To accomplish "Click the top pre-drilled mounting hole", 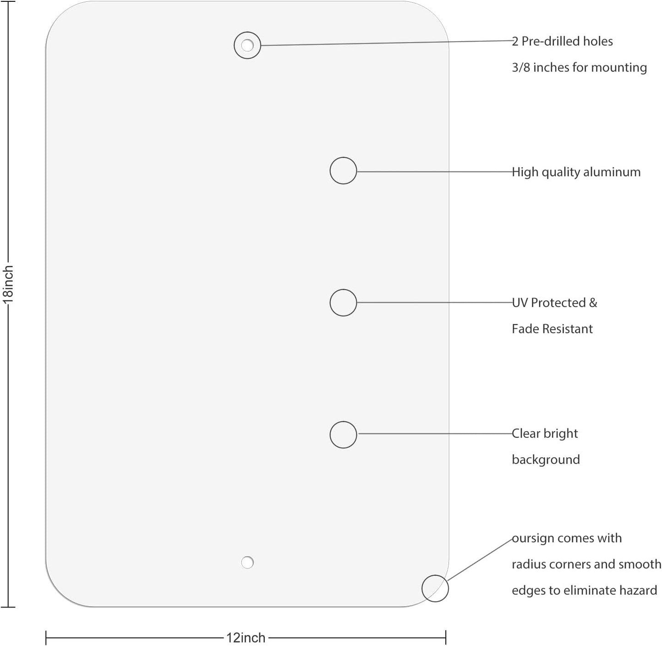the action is click(x=247, y=45).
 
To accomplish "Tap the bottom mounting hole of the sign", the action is click(x=247, y=562).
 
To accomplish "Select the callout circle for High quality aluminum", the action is click(x=343, y=171).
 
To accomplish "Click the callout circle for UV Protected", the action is click(x=343, y=303).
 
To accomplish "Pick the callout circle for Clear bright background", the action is click(x=343, y=435).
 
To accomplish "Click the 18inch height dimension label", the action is click(x=8, y=285).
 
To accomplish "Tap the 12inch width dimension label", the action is click(x=246, y=637).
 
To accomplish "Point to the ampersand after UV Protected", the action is click(x=593, y=303).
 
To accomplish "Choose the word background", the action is click(x=546, y=459).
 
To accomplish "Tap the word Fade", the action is click(x=525, y=329).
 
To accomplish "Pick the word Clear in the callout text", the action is click(x=526, y=433).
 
